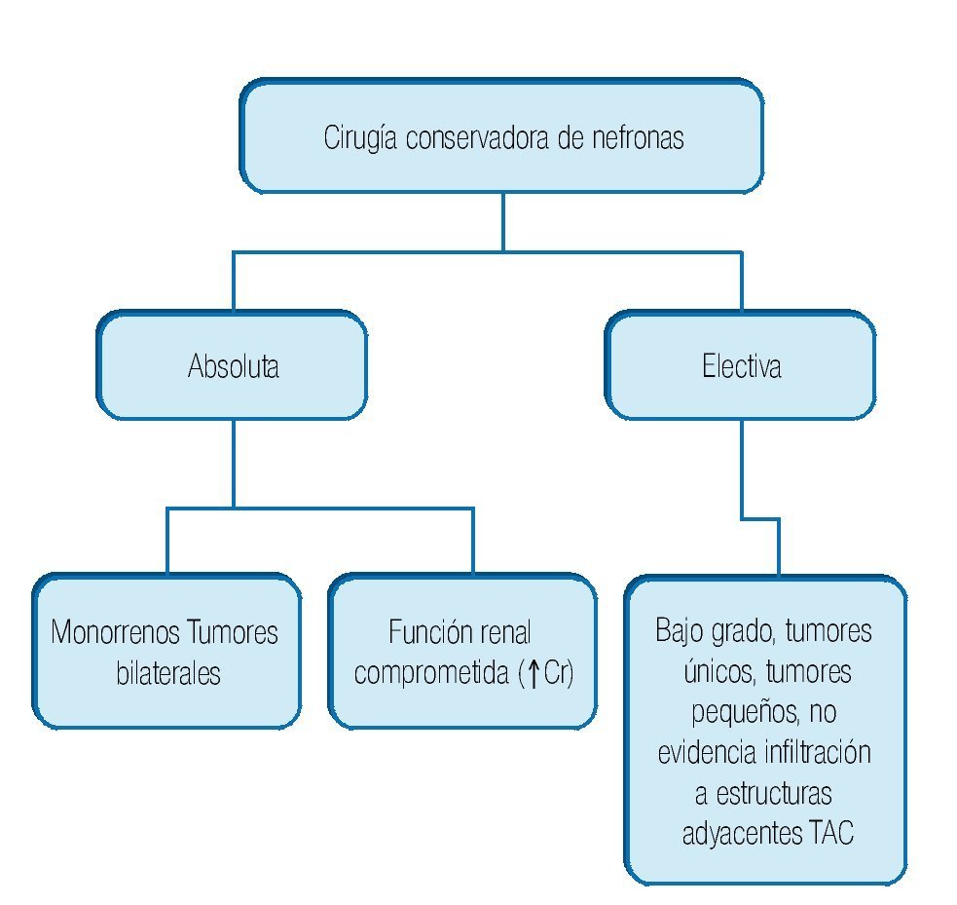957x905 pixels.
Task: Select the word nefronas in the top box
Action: click(x=637, y=137)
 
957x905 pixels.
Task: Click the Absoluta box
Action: click(x=233, y=366)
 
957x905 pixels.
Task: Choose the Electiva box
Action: click(x=741, y=366)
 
